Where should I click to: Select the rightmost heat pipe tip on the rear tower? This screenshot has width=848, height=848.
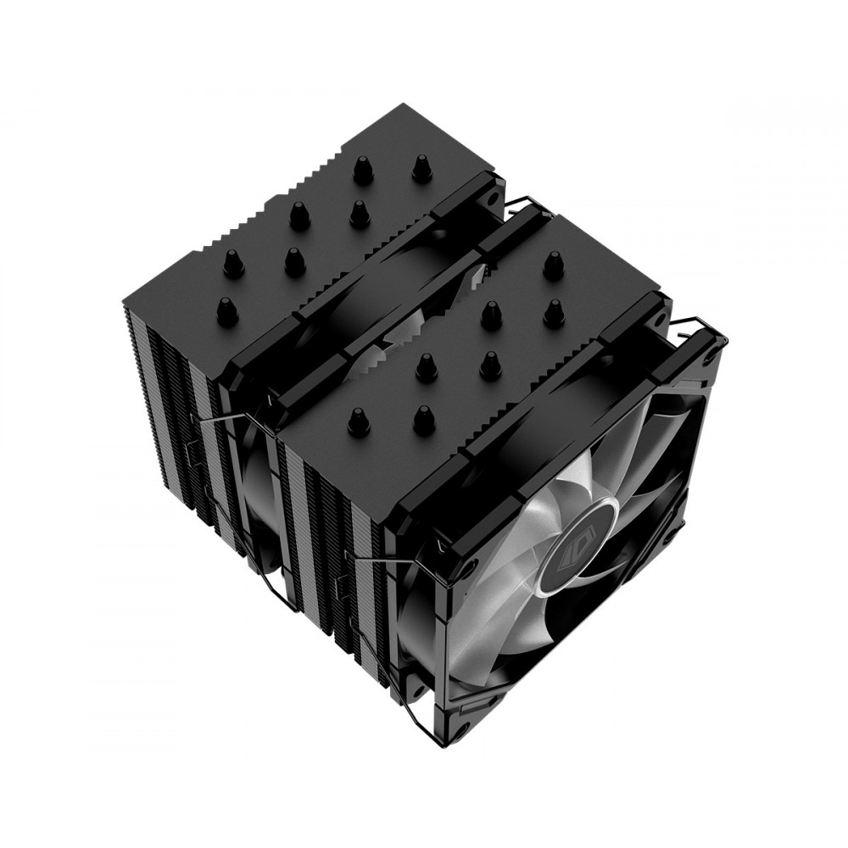421,167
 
